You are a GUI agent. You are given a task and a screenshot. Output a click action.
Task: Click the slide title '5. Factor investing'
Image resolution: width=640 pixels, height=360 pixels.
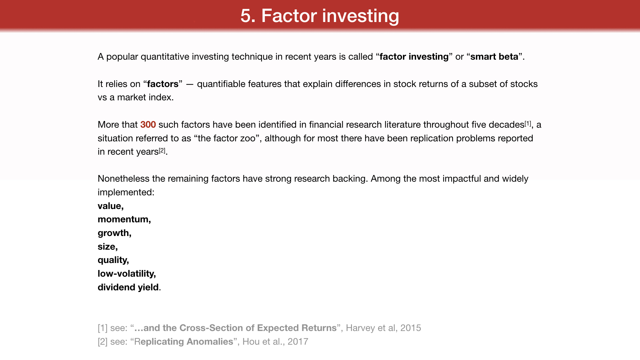[x=320, y=16]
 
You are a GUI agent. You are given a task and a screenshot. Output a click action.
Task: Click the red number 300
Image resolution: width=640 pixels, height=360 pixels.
[x=148, y=125]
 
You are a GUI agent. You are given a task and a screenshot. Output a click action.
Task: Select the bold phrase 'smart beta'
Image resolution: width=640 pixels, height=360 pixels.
[x=494, y=57]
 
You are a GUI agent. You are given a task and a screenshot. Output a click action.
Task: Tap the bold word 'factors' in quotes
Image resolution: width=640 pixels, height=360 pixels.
[x=163, y=84]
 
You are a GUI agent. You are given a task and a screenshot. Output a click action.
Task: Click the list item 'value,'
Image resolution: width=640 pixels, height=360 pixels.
[x=111, y=206]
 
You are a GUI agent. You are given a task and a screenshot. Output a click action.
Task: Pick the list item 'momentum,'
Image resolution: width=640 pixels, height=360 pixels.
[x=124, y=219]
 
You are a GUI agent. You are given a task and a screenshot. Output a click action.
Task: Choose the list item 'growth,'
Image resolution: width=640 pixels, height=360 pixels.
[x=115, y=233]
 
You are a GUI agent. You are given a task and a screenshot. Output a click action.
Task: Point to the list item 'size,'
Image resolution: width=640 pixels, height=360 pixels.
[x=108, y=247]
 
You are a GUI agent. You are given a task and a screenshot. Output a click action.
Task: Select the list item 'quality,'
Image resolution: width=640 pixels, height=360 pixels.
[x=113, y=260]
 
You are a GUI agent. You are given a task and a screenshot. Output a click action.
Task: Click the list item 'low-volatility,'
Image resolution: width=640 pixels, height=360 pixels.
[x=127, y=274]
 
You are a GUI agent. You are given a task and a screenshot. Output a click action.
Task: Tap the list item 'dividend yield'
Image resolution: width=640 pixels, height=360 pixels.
[x=128, y=287]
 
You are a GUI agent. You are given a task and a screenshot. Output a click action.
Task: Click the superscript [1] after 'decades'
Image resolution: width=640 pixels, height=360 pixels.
[x=528, y=123]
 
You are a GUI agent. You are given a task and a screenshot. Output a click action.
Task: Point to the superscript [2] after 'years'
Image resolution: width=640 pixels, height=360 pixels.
[x=162, y=150]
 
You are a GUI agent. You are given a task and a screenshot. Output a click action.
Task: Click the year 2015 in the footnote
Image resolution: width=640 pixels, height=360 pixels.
[x=411, y=328]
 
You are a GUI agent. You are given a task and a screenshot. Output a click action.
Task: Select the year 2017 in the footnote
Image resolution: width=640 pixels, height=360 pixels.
[x=298, y=342]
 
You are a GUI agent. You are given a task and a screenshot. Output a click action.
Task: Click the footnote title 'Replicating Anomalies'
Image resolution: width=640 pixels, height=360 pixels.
[x=184, y=342]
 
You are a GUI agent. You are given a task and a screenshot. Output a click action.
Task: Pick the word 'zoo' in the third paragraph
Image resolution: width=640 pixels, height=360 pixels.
[x=248, y=138]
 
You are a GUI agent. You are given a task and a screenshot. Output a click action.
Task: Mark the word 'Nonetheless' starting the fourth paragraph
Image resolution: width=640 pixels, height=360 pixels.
[x=123, y=179]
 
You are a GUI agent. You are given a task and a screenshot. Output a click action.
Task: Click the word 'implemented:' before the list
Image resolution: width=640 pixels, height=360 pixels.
[x=126, y=192]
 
